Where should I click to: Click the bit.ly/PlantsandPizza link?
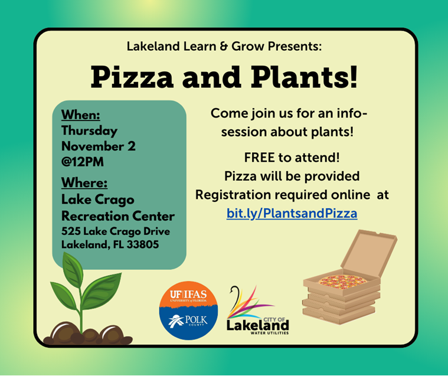[x=292, y=214]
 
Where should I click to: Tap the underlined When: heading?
[x=81, y=115]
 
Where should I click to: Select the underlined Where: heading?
[x=84, y=182]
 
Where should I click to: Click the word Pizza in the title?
[x=132, y=77]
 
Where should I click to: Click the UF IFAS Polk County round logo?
[x=188, y=310]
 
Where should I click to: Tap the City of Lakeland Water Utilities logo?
[x=258, y=310]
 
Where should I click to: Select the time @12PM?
[x=83, y=162]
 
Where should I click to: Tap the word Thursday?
[x=90, y=131]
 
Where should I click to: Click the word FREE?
[x=259, y=158]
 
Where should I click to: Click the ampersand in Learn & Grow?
[x=224, y=46]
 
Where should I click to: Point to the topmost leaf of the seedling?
[x=73, y=268]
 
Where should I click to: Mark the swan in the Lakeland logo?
[x=235, y=297]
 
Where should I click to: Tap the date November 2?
[x=99, y=146]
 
